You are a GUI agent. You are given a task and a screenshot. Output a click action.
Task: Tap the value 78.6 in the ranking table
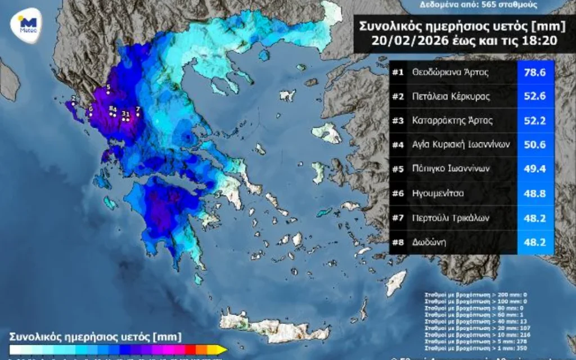[x=535, y=72]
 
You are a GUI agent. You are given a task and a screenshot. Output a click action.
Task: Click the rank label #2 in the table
[x=398, y=96]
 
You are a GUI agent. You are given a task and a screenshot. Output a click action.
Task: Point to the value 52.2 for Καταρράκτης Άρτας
[x=535, y=120]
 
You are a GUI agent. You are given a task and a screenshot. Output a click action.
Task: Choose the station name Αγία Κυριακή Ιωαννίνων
[x=461, y=145]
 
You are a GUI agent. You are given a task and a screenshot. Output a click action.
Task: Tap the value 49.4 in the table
[x=535, y=169]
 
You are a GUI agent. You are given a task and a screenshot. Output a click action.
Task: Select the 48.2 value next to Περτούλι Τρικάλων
[x=535, y=217]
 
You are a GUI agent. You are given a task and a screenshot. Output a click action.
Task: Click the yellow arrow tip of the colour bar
[x=223, y=350]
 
